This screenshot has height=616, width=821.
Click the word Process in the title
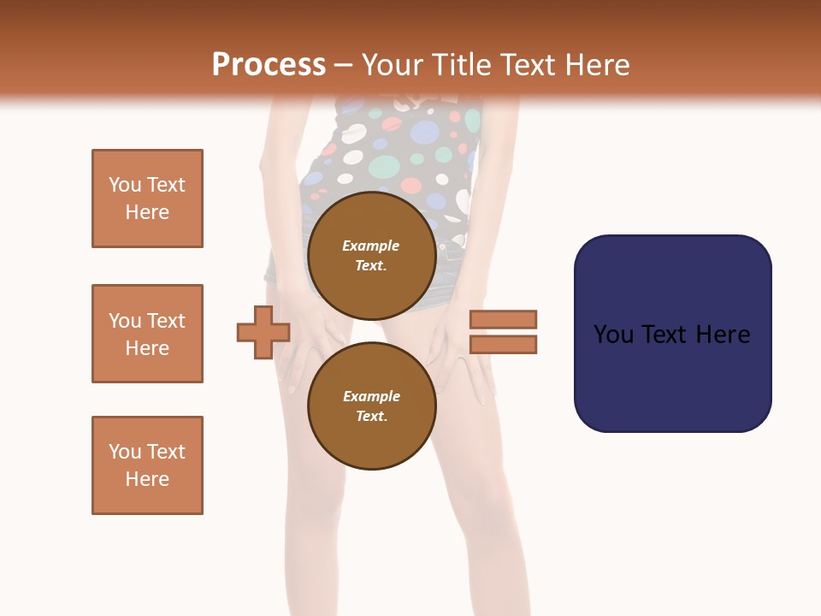click(269, 65)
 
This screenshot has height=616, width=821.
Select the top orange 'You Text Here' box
click(147, 198)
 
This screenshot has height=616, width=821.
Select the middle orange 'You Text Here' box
click(147, 334)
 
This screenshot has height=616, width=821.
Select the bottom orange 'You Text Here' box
click(147, 465)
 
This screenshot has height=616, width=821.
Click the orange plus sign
click(263, 332)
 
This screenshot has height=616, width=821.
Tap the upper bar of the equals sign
click(504, 319)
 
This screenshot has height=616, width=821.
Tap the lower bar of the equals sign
click(504, 345)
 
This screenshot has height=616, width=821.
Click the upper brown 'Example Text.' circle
click(371, 255)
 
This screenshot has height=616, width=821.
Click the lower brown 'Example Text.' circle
click(371, 406)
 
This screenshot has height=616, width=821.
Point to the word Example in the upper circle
click(371, 246)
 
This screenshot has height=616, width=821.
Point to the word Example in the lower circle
click(371, 396)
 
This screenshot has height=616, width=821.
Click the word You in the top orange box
click(125, 185)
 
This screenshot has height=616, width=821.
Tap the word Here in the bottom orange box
click(147, 479)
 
